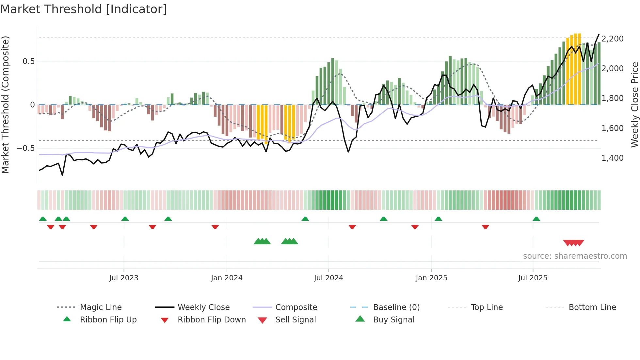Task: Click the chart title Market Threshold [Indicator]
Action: (84, 9)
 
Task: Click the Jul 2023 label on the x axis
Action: (124, 278)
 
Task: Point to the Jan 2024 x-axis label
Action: (227, 278)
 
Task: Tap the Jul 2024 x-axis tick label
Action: (328, 278)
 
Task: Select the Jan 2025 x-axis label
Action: (431, 278)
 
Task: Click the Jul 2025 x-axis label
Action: (533, 278)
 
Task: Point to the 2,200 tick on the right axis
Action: (612, 39)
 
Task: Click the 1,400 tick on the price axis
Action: (612, 158)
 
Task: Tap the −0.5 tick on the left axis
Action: (26, 148)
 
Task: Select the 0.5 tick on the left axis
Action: (28, 61)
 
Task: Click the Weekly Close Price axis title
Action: (634, 105)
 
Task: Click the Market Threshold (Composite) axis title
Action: (5, 105)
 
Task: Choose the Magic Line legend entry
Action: (101, 307)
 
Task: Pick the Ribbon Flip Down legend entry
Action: (212, 320)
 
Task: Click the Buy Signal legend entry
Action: (393, 320)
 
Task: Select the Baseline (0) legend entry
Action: (396, 307)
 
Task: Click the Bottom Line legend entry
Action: (592, 307)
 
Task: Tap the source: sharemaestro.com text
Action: (575, 256)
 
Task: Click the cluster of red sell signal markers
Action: (573, 243)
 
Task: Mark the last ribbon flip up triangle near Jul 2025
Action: (536, 219)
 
